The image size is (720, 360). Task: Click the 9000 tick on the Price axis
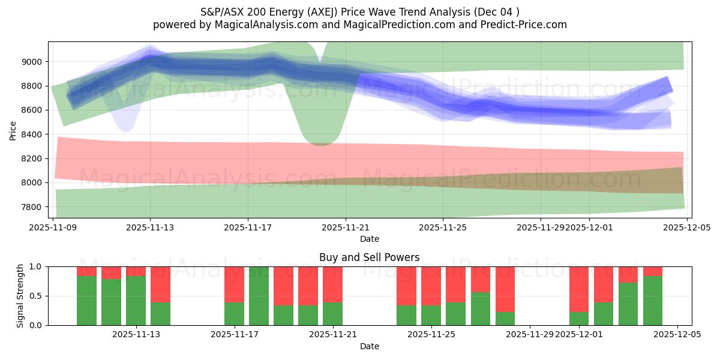32,62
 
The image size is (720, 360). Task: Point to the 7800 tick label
32,207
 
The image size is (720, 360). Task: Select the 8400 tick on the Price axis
32,134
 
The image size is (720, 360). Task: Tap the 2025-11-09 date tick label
53,227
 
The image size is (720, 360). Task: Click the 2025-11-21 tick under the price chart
346,227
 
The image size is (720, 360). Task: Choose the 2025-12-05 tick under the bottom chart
677,335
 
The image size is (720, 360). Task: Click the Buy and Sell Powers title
369,257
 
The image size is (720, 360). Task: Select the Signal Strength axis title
20,296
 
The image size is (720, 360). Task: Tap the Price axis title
13,130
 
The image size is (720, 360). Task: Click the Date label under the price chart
369,239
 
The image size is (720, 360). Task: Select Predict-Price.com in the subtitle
525,25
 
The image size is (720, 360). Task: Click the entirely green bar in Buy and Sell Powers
259,296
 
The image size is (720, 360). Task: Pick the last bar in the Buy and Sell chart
653,296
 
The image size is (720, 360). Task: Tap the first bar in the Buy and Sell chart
86,296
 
